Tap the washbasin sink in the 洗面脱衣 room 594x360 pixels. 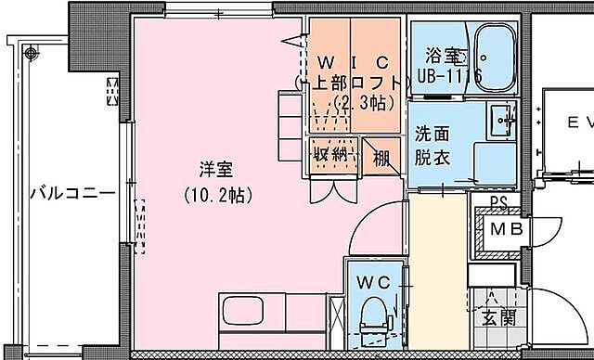(502, 118)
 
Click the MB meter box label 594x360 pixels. (505, 228)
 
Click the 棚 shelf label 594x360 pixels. (381, 157)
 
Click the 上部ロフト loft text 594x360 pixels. (348, 81)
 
